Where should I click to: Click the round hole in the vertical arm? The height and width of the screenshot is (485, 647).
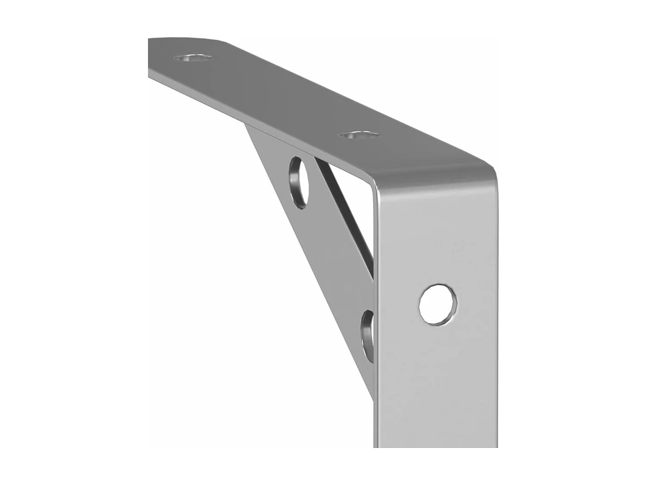click(438, 304)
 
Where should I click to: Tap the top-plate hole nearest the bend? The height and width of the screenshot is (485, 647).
click(359, 135)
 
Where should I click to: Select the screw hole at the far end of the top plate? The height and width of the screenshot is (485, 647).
click(193, 58)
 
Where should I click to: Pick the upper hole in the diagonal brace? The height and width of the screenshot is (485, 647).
click(299, 181)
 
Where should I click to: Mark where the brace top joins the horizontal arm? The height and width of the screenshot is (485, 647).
click(250, 127)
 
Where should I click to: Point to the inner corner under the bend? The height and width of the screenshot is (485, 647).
click(371, 183)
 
